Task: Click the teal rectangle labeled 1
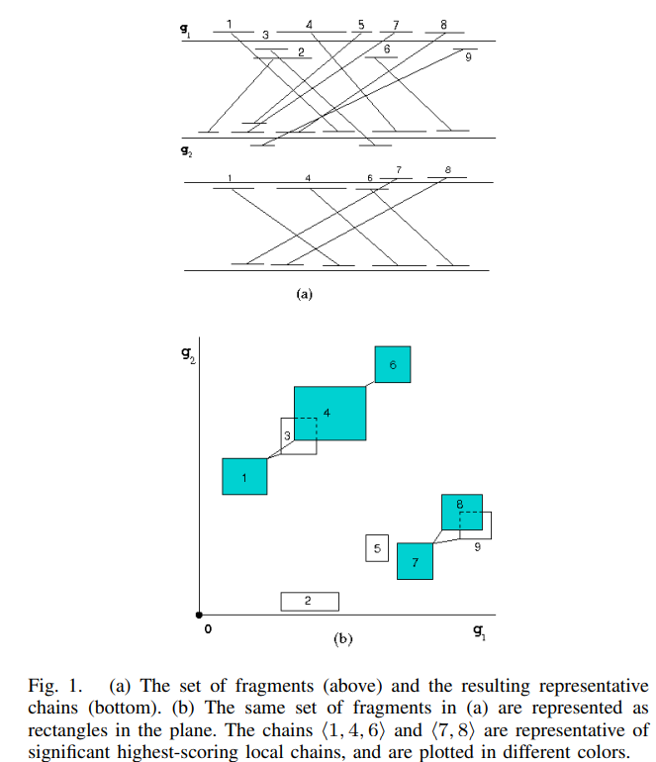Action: [244, 477]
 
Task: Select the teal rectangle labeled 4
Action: [330, 413]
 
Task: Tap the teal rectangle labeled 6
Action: [392, 365]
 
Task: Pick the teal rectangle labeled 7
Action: [415, 561]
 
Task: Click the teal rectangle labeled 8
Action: [461, 511]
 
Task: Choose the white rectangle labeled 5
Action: [376, 547]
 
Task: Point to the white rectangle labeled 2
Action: [310, 601]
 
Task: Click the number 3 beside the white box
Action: [287, 435]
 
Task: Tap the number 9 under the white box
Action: [477, 546]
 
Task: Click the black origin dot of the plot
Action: [199, 615]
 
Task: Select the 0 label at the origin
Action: [208, 630]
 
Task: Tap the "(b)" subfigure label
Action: [342, 640]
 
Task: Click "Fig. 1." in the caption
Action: [46, 686]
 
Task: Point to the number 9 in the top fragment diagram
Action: [467, 57]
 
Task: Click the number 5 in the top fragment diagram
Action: [360, 24]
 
